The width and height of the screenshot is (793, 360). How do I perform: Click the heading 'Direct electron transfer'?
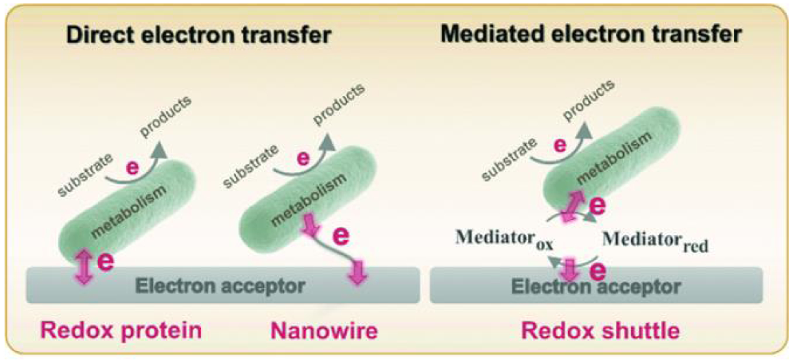point(198,35)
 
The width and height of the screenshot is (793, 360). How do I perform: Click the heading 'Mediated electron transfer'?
point(591,34)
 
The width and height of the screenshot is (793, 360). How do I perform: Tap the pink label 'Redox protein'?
point(121,330)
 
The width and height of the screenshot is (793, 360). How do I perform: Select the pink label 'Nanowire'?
point(324,331)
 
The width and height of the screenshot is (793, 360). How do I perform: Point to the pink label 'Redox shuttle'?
point(600,331)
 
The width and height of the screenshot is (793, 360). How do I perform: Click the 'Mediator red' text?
point(655,241)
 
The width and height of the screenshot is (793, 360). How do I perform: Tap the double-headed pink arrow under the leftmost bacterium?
point(83,266)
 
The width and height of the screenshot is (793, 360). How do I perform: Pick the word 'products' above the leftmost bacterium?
point(165,116)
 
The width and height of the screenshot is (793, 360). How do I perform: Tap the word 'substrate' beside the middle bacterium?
point(250,166)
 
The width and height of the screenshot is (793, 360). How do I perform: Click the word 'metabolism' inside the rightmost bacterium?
point(614,157)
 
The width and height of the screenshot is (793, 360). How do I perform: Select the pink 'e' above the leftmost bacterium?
point(132,168)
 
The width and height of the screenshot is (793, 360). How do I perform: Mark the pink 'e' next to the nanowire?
point(341,236)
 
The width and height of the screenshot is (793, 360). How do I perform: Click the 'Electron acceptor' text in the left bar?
point(220,286)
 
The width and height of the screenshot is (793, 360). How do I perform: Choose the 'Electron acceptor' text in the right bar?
point(596,287)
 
